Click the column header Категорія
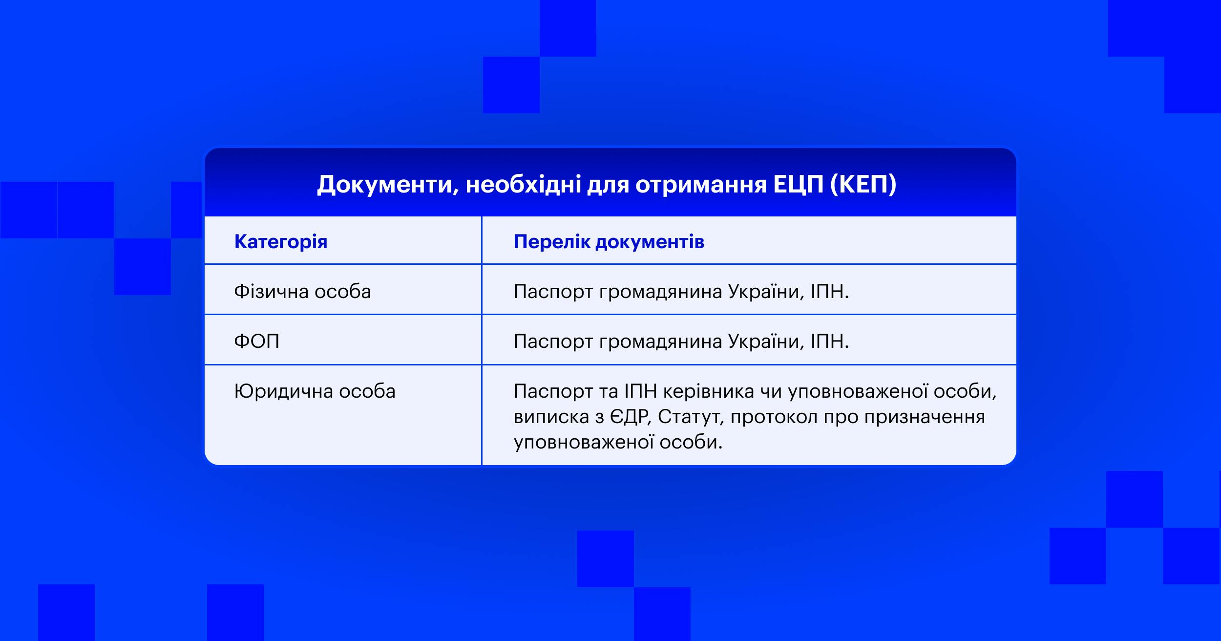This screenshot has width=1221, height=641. (x=281, y=242)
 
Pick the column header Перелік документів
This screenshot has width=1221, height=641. (x=609, y=242)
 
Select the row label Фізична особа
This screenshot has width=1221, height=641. (x=303, y=292)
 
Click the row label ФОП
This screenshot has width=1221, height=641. (x=257, y=341)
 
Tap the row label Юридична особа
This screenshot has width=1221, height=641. (x=315, y=391)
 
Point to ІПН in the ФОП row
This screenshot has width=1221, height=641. (x=830, y=341)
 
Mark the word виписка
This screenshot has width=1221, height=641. (x=551, y=417)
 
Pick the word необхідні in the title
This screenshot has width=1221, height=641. (x=523, y=185)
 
